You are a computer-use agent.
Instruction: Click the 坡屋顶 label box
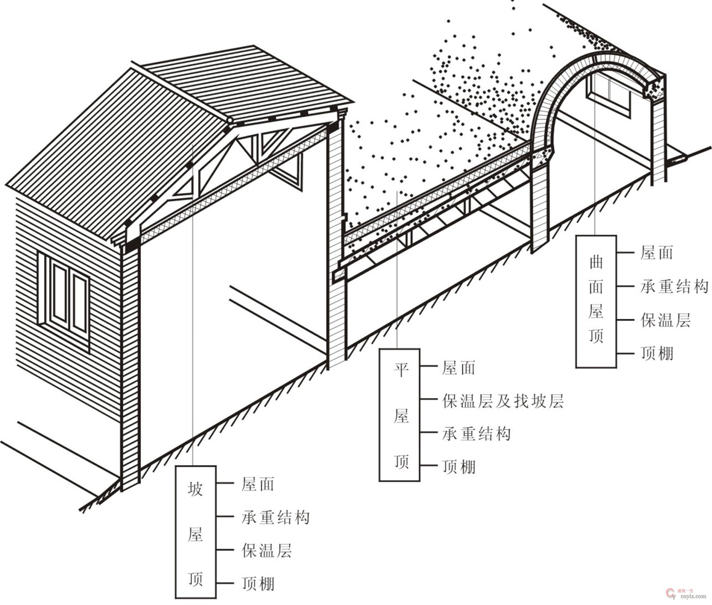click(x=195, y=532)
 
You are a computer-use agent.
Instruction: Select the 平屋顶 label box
click(x=399, y=415)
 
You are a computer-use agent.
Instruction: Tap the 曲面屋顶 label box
click(x=596, y=302)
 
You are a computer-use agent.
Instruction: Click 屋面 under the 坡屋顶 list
click(x=258, y=484)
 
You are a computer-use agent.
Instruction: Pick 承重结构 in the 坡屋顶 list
click(x=275, y=517)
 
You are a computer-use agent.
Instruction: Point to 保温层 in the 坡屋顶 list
click(x=267, y=551)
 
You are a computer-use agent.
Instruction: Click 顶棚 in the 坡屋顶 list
click(x=258, y=584)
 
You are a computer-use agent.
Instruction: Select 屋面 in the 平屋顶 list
click(x=458, y=368)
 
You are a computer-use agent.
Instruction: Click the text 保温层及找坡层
click(x=503, y=401)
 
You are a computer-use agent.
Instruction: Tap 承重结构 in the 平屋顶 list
click(x=476, y=434)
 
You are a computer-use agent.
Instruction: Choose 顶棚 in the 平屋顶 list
click(x=458, y=467)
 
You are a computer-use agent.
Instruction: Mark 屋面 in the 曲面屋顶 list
click(x=656, y=253)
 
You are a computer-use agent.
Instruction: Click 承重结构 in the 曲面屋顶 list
click(x=674, y=286)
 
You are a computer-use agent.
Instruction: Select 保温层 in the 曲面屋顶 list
click(x=665, y=320)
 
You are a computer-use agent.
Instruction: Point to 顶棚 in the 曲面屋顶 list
click(x=656, y=353)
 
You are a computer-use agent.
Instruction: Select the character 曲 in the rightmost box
click(x=596, y=262)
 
